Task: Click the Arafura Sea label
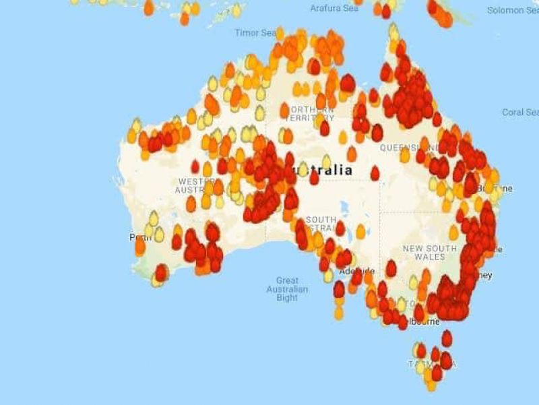334,8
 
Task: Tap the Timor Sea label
255,32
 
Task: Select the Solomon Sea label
513,10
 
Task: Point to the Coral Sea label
520,113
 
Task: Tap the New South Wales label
424,253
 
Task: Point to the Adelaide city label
356,272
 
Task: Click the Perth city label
137,238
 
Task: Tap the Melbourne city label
424,321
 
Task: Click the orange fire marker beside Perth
140,246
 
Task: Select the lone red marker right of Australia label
375,173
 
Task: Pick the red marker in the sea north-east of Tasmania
446,338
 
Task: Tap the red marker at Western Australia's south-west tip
162,272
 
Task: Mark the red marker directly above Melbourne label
419,311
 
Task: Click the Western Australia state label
196,185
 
